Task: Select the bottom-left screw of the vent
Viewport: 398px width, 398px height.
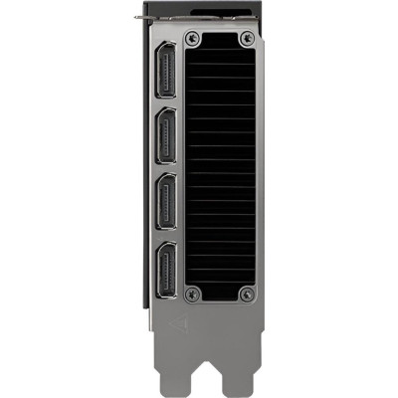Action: tap(195, 293)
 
